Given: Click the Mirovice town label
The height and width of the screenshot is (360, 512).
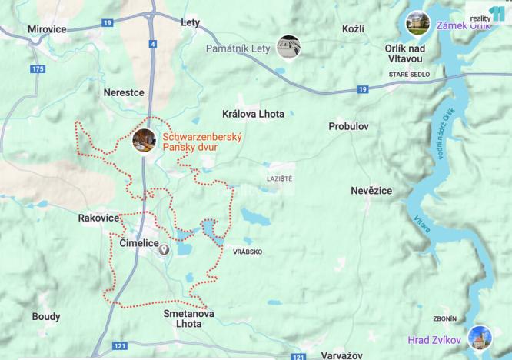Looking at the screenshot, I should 47,28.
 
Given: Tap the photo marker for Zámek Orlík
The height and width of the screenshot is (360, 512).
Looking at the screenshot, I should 417,23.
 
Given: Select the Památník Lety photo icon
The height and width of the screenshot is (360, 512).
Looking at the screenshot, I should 288,48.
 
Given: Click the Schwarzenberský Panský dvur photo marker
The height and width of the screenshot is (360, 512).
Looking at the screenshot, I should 144,140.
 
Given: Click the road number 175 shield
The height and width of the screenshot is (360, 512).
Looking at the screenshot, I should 36,70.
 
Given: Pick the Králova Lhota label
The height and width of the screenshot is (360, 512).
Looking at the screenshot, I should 253,114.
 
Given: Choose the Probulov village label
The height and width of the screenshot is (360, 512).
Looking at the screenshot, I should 349,125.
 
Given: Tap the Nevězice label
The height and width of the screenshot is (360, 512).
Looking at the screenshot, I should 371,190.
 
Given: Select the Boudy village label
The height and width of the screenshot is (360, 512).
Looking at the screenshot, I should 46,316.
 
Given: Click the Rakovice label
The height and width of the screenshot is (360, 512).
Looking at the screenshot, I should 98,218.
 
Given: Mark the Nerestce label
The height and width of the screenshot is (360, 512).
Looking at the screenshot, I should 124,92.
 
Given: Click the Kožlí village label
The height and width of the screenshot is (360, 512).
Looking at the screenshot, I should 353,28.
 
